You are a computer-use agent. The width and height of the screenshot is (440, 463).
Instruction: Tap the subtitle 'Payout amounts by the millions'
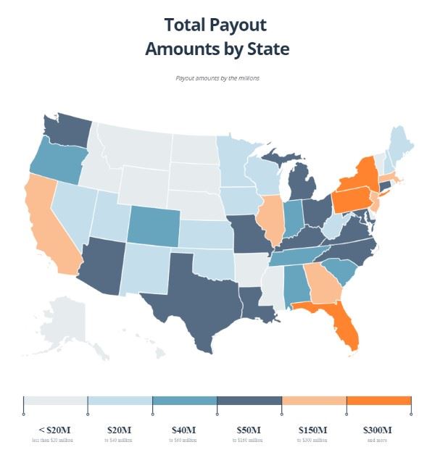(217, 78)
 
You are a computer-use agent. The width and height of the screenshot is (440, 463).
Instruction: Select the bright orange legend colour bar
(378, 401)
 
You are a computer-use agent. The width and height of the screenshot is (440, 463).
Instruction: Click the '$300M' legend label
(378, 430)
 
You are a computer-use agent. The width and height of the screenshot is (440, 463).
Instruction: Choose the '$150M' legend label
(313, 430)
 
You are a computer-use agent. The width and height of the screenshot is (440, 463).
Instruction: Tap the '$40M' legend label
(184, 430)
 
